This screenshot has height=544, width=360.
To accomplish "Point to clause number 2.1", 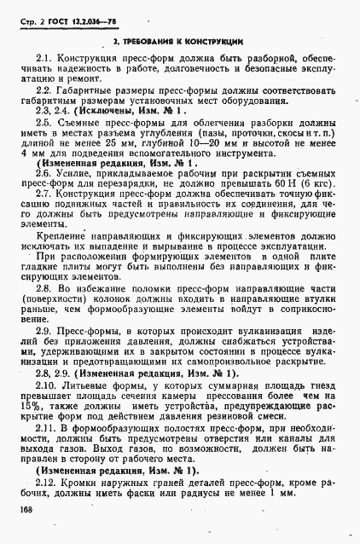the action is click(x=44, y=58).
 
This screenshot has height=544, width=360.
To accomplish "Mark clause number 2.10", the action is click(x=47, y=385).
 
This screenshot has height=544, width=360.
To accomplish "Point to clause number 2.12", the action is click(x=47, y=482).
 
